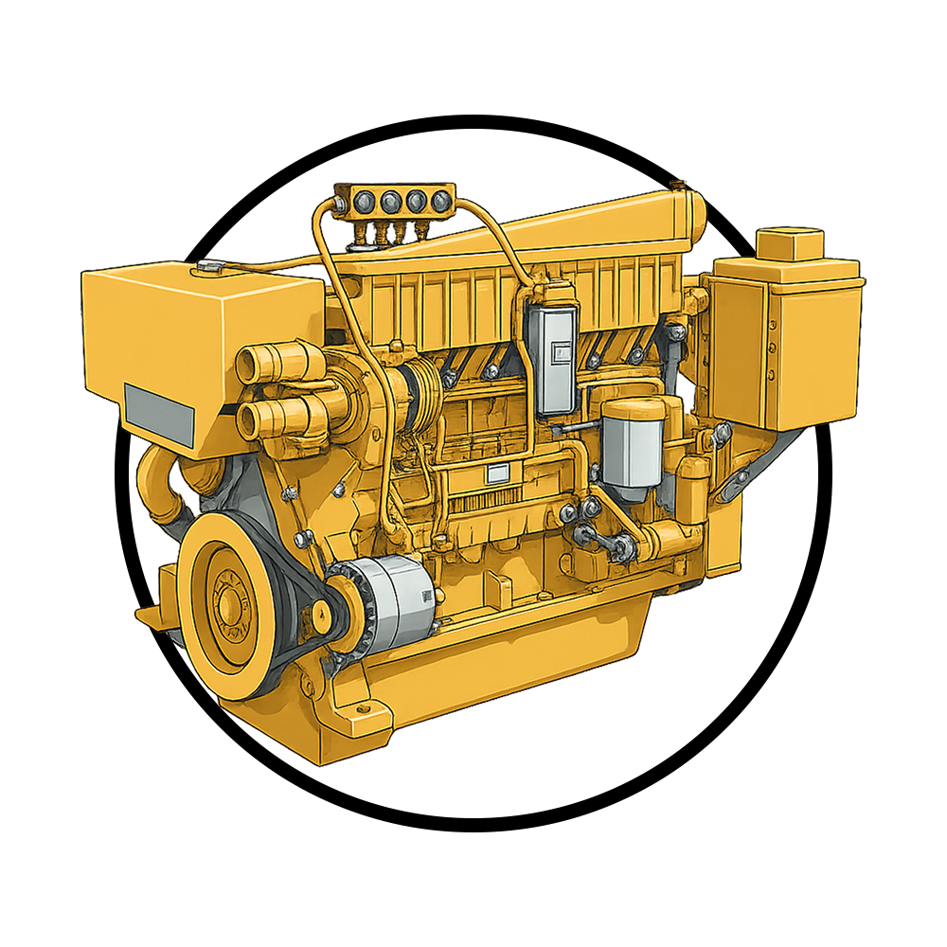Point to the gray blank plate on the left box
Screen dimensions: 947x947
coord(159,408)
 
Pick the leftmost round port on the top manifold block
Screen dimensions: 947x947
coord(365,200)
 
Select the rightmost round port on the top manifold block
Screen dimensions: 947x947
coord(437,200)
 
